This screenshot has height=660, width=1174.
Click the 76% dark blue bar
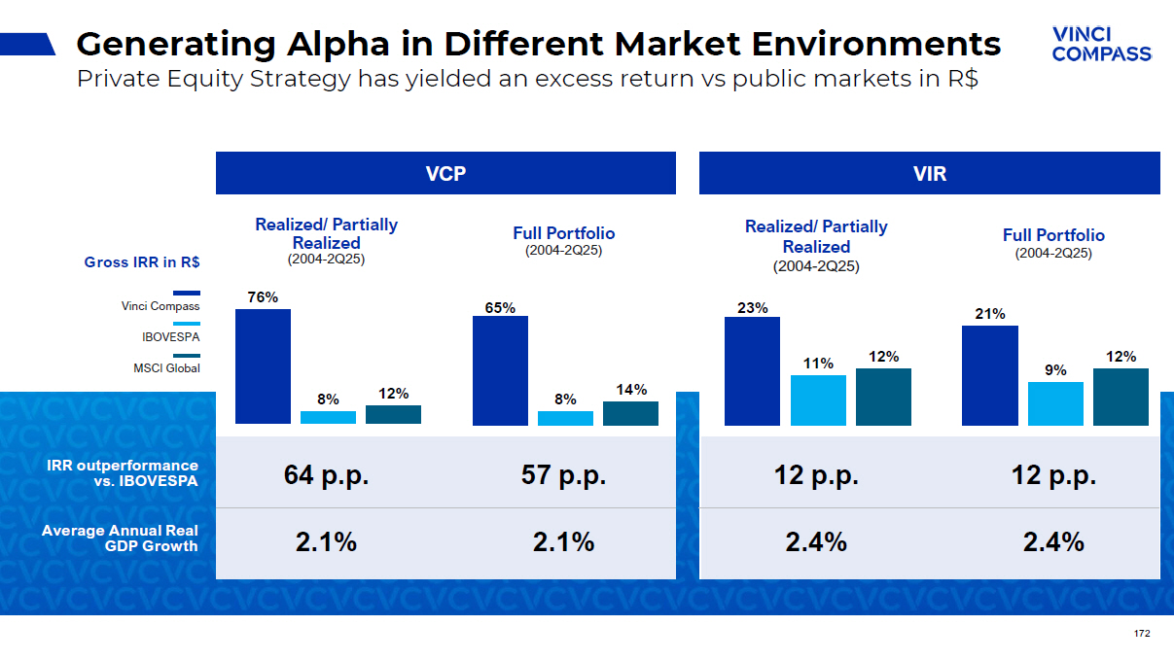tap(263, 366)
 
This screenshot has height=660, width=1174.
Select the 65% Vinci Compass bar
tap(500, 370)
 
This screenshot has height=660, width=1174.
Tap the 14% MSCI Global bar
tap(630, 413)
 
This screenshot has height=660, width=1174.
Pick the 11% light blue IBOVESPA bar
tap(818, 400)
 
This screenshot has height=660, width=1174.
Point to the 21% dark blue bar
tap(989, 375)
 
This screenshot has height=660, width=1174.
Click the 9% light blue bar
tap(1055, 403)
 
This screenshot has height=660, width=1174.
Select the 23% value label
tap(752, 308)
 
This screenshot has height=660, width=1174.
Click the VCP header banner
tap(445, 173)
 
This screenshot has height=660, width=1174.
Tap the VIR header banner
tap(929, 173)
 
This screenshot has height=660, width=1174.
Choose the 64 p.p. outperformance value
tap(326, 475)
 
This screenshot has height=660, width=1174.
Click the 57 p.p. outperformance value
tap(563, 475)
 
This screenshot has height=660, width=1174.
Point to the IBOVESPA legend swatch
tap(186, 324)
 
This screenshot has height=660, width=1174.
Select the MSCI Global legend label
tap(166, 368)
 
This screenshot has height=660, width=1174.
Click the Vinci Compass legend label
tap(160, 306)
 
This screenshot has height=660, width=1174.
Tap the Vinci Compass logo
tap(1101, 45)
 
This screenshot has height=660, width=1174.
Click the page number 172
tap(1142, 634)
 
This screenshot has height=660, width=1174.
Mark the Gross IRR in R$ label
tap(142, 262)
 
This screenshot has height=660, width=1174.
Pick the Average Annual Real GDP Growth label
tap(120, 538)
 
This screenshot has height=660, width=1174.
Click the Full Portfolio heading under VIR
tap(1053, 235)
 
